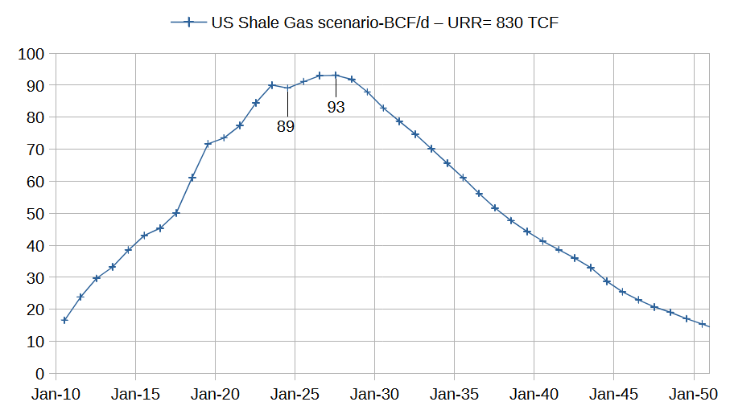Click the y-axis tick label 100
click(33, 54)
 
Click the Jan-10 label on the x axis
click(56, 395)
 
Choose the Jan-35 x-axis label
click(455, 395)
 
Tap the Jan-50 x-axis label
click(694, 395)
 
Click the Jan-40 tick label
click(534, 395)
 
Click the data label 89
click(286, 126)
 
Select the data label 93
click(336, 107)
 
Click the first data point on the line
click(64, 320)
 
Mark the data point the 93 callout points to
click(336, 76)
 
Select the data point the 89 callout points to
click(287, 88)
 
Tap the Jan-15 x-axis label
click(135, 395)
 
